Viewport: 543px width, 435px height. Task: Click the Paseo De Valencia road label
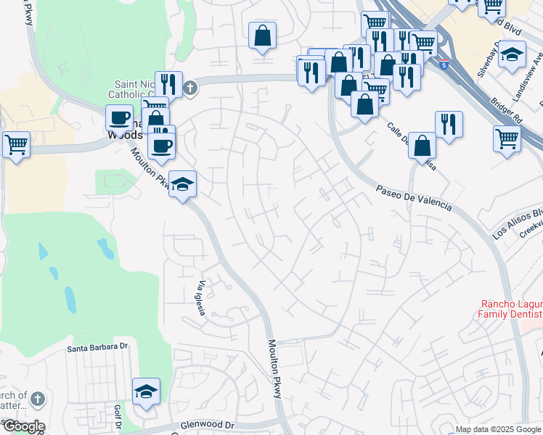tap(413, 198)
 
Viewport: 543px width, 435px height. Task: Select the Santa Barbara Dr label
tap(97, 347)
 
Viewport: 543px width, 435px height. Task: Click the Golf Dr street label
tap(116, 417)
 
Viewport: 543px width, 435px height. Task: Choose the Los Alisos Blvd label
tap(518, 223)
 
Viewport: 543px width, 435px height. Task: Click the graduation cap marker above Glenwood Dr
tap(146, 392)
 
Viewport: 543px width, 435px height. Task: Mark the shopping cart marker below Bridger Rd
tap(507, 138)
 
